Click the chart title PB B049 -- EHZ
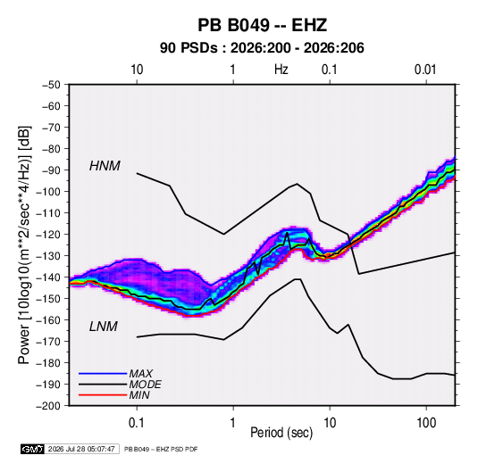click(x=263, y=25)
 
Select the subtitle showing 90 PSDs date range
click(x=262, y=48)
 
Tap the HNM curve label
click(x=105, y=166)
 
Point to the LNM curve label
click(x=104, y=327)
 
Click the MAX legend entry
click(x=140, y=373)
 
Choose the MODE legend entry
click(x=145, y=385)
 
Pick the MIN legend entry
click(x=139, y=395)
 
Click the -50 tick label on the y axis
click(x=51, y=85)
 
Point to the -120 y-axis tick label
click(x=48, y=235)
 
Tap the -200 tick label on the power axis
click(x=48, y=406)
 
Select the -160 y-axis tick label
click(x=48, y=320)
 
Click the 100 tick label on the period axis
click(x=426, y=422)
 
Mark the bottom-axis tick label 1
click(x=233, y=422)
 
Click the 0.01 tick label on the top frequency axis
click(x=425, y=70)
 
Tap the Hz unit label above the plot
click(x=281, y=70)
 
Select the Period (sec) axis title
click(x=281, y=433)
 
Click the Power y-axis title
click(x=24, y=244)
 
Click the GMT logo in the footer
click(x=33, y=449)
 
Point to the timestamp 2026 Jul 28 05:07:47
click(x=81, y=449)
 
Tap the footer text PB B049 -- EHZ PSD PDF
click(x=161, y=449)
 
